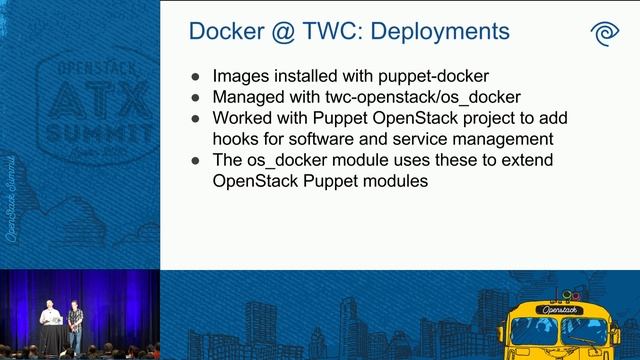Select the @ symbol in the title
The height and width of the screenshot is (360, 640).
click(x=284, y=31)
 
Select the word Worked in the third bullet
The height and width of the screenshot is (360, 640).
click(x=240, y=119)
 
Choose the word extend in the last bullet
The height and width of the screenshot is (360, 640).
click(x=499, y=160)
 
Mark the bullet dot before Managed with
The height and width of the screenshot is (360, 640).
click(x=195, y=98)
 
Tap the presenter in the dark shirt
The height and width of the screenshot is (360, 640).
click(x=76, y=325)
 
